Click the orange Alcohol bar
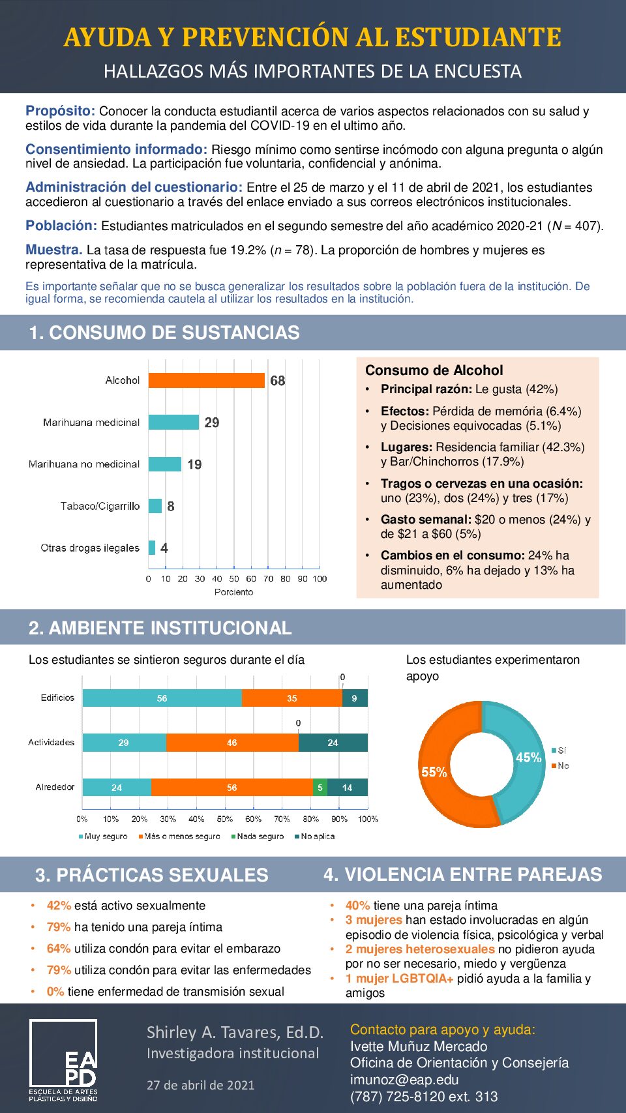[206, 380]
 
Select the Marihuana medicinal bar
[173, 423]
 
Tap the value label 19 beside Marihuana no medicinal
[194, 464]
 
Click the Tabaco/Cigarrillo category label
[100, 506]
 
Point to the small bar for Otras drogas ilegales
[152, 548]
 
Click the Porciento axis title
[233, 592]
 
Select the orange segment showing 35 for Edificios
[291, 698]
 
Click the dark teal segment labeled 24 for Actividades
[333, 743]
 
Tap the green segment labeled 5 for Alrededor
[320, 788]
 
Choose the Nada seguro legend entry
[260, 837]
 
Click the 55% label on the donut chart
[434, 772]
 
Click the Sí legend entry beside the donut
[561, 750]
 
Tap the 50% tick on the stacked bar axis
[225, 819]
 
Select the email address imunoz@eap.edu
[404, 1080]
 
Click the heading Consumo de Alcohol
[434, 370]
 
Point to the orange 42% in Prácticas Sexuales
[59, 906]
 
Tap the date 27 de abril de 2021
[200, 1085]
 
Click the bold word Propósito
[60, 111]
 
